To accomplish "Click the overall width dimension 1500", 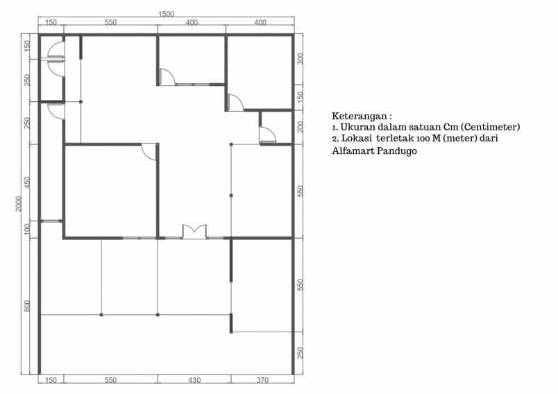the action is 166,15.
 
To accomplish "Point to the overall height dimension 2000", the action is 19,203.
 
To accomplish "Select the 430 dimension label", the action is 194,380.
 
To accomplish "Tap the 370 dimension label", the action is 262,380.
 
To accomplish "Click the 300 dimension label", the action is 301,59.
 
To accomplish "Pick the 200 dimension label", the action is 301,127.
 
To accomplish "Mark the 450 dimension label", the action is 27,182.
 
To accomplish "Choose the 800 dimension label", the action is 27,306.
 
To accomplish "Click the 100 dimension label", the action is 27,230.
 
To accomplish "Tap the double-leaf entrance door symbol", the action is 194,231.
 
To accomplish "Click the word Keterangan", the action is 359,117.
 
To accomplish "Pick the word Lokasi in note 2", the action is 356,138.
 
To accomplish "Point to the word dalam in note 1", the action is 392,127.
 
